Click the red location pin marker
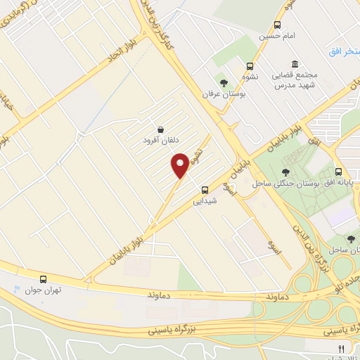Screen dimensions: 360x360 [180, 164]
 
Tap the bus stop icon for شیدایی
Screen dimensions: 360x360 [205, 189]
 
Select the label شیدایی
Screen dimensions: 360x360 [205, 200]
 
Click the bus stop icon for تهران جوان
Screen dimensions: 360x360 [44, 279]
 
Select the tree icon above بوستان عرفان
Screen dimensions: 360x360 [224, 83]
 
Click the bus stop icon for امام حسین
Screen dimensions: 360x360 [277, 25]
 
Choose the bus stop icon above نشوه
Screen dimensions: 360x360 [250, 65]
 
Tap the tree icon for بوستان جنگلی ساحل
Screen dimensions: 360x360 [285, 172]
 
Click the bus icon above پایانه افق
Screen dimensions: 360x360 [339, 172]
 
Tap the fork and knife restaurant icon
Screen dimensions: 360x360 [342, 348]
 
